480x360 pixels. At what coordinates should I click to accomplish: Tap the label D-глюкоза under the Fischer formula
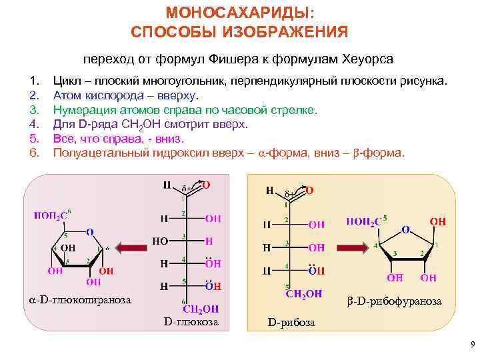pos(191,322)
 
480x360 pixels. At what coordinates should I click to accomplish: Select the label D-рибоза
pos(292,323)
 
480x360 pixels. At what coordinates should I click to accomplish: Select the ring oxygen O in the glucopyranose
pos(89,232)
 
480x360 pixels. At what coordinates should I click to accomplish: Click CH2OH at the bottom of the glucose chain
pos(201,309)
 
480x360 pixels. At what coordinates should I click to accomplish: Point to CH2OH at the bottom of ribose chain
pos(303,293)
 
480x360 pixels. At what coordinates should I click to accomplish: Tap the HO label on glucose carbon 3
pos(160,240)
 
